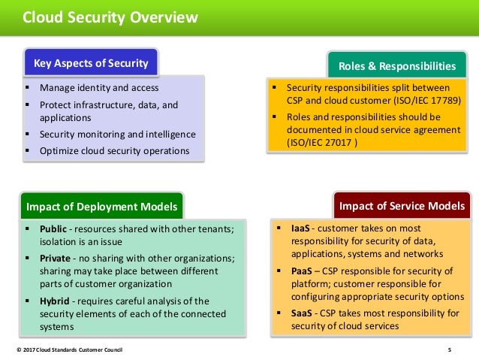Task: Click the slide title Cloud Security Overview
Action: [110, 17]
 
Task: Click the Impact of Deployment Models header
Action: [101, 207]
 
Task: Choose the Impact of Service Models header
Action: [402, 206]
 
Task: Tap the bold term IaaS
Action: [300, 228]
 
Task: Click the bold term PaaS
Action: [300, 271]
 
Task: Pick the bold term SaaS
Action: [300, 313]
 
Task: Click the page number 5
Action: [449, 350]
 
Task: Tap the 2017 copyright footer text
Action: [68, 350]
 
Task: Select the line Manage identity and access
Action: [98, 88]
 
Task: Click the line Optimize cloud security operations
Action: [115, 150]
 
